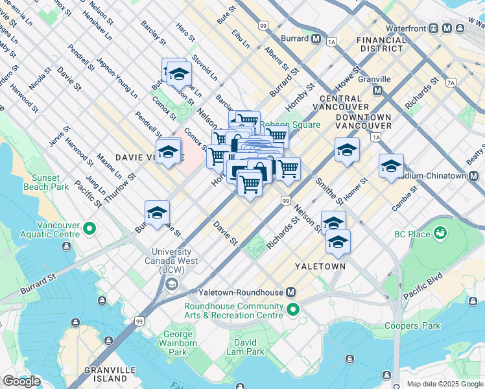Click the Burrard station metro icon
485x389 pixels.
(x=316, y=38)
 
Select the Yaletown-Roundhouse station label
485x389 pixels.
(x=238, y=292)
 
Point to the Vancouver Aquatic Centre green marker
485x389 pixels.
(x=89, y=228)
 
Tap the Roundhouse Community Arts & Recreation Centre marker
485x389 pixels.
(x=293, y=311)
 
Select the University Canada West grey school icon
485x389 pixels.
(x=172, y=284)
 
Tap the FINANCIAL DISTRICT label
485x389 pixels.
(x=381, y=45)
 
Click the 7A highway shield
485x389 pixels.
(x=451, y=82)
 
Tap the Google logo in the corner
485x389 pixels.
(x=21, y=381)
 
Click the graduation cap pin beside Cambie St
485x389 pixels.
(x=391, y=166)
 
